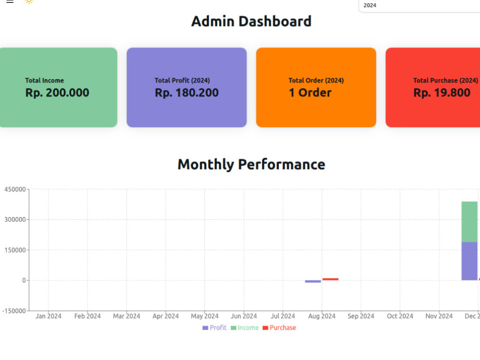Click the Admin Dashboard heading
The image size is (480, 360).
(252, 22)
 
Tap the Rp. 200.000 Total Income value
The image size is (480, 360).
(57, 93)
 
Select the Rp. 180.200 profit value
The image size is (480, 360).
(187, 93)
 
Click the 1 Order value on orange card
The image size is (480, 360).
(310, 93)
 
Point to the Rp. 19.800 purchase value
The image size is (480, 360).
(442, 93)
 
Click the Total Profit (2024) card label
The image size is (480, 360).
(182, 81)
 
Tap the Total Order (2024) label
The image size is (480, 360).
(316, 81)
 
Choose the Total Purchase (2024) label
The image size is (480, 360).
(445, 81)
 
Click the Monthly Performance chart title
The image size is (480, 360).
(252, 164)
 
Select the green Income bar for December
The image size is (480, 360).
(469, 222)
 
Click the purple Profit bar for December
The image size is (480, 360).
(469, 261)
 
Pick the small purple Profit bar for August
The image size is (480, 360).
(313, 281)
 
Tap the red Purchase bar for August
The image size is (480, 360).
(330, 279)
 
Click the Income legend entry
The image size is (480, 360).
(245, 327)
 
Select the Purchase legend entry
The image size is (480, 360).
(279, 327)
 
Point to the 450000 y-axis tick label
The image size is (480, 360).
(15, 190)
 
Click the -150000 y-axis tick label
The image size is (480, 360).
(14, 311)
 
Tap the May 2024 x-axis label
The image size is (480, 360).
(205, 316)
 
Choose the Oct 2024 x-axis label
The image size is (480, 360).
(400, 316)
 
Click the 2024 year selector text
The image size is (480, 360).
(370, 5)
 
